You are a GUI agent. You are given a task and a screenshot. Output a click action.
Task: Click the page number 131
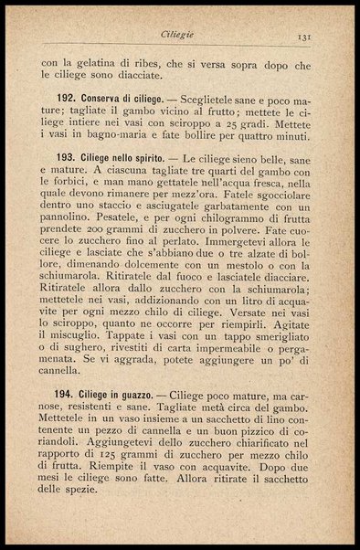point(305,37)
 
